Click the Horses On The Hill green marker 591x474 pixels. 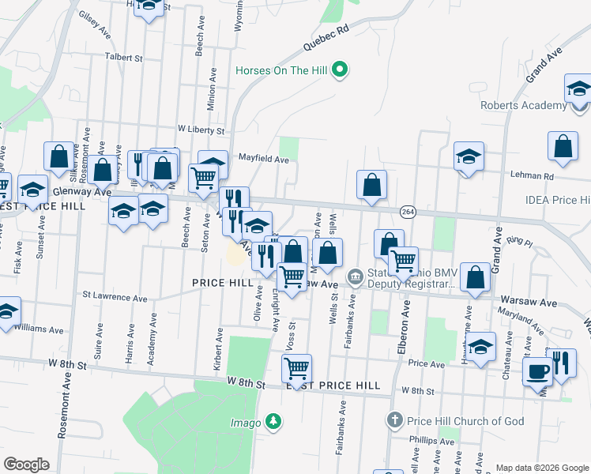click(341, 70)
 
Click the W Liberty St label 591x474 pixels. click(201, 129)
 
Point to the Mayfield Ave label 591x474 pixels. click(264, 159)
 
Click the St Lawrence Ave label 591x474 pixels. click(115, 299)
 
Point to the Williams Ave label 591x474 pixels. click(38, 328)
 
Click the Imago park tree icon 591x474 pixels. click(273, 421)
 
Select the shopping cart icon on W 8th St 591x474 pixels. click(296, 367)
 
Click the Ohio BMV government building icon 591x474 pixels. click(356, 276)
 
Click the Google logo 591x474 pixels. click(26, 465)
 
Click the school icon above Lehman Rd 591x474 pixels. click(469, 155)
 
